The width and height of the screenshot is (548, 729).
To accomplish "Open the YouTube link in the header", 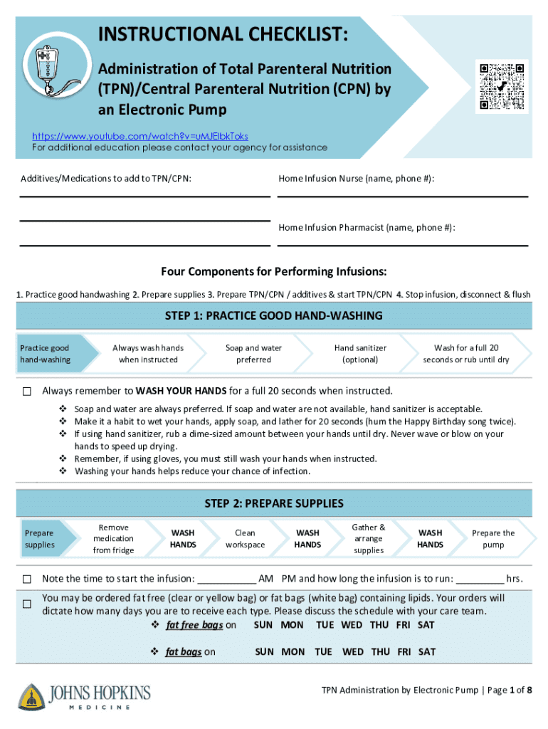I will [140, 136].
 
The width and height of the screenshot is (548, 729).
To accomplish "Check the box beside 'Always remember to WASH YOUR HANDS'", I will [27, 392].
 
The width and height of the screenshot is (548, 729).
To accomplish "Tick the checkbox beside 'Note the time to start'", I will [27, 578].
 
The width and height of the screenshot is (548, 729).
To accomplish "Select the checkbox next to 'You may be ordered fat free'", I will [27, 604].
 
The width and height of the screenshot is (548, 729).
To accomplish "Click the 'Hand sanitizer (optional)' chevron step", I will [360, 354].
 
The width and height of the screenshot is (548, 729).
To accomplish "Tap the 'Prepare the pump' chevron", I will [492, 539].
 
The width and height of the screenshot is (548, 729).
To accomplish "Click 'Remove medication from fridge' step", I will [113, 539].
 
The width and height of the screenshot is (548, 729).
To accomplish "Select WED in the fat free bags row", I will [352, 625].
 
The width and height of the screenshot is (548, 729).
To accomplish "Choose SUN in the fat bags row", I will [264, 651].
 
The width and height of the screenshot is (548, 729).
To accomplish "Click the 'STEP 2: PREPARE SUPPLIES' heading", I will [274, 503].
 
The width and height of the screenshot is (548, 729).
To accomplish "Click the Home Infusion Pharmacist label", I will [367, 228].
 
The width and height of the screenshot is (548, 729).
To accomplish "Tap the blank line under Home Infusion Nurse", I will [402, 195].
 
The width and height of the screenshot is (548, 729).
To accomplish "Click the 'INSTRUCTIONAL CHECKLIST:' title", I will [223, 33].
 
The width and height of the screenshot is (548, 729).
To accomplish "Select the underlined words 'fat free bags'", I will [194, 625].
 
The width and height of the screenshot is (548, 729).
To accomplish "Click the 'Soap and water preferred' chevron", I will [253, 354].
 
